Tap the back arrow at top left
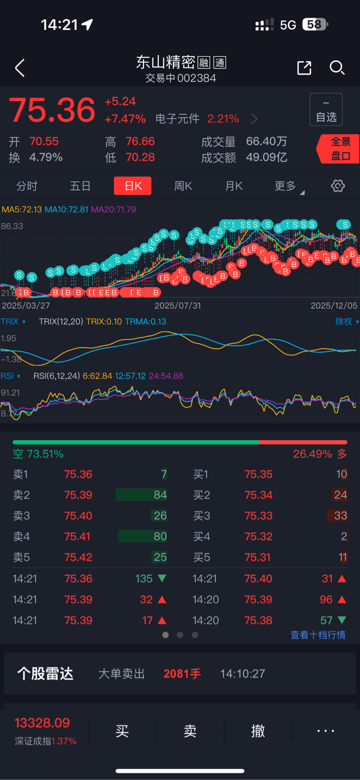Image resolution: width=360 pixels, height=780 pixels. coord(20,68)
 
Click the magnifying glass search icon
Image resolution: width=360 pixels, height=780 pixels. coord(337,68)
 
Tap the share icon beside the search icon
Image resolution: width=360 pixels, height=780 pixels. coord(304,68)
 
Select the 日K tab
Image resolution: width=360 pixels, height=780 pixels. coord(133,186)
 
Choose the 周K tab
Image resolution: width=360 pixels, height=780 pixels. coord(183,186)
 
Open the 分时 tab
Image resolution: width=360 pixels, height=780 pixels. coord(27,186)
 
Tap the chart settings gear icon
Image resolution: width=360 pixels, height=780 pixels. coord(338,186)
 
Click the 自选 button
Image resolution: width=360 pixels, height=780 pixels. coord(326,110)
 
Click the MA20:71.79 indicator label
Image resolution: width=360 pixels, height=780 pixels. coord(113,209)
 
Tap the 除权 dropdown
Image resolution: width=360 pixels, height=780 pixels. coord(346,321)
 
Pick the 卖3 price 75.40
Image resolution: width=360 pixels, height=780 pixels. coord(78,516)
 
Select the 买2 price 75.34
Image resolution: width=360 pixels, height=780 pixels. coord(258,495)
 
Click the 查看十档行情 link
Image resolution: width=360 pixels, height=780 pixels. coord(318,635)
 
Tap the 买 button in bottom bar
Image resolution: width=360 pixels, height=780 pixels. coord(122,731)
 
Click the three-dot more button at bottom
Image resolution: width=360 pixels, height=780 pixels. coord(326,731)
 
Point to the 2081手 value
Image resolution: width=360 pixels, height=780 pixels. coord(182,674)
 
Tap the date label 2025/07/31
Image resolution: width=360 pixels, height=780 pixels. coord(178,305)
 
